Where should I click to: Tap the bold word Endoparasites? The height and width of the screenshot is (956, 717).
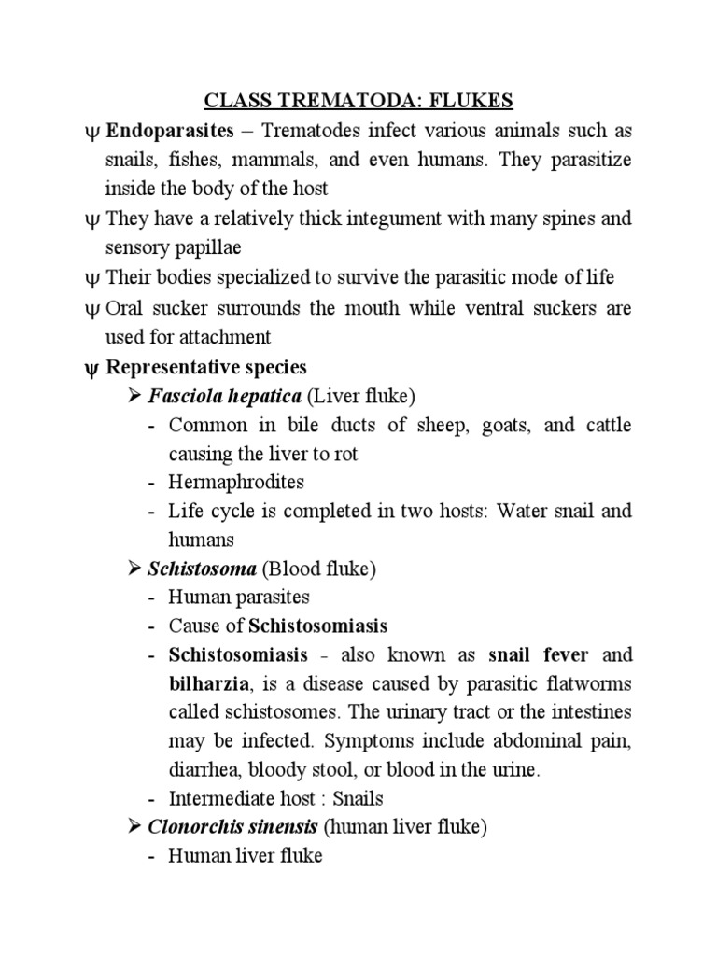(x=162, y=130)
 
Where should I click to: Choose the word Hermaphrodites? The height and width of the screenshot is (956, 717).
(x=236, y=482)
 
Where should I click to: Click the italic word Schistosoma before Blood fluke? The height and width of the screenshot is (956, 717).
(x=203, y=568)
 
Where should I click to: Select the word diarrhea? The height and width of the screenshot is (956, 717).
(x=202, y=770)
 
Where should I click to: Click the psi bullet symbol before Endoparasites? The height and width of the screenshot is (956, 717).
(x=91, y=131)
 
